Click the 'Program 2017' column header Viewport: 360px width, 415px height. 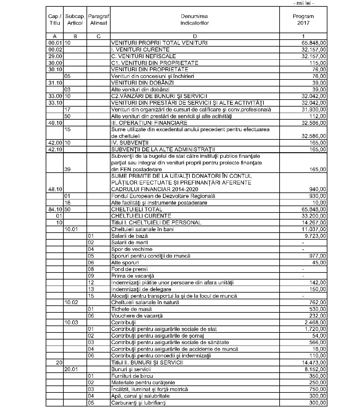[x=303, y=19]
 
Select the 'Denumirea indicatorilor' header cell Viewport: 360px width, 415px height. [x=194, y=19]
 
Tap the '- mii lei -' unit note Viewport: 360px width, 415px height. [x=303, y=3]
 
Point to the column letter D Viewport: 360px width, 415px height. [x=195, y=36]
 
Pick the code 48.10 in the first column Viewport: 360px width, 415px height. [x=55, y=189]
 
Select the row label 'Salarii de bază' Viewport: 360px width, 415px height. [x=129, y=236]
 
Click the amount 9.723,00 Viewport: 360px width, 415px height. [x=315, y=236]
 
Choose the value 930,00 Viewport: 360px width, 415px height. [x=317, y=196]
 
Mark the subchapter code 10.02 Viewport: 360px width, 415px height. [x=71, y=303]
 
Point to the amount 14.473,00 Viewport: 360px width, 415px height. [x=314, y=363]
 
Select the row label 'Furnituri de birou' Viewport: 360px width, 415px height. [x=132, y=376]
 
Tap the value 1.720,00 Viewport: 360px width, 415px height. [x=315, y=329]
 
